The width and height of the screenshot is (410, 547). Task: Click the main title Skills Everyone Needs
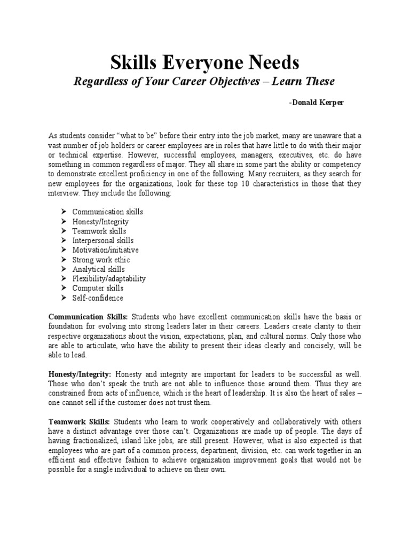point(205,63)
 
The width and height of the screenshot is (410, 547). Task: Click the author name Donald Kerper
point(316,103)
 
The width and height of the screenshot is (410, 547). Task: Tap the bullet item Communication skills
point(107,212)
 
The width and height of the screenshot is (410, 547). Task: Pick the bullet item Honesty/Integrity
point(100,221)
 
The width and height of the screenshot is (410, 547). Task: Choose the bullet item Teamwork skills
point(99,231)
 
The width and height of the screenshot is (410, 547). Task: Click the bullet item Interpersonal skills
point(103,240)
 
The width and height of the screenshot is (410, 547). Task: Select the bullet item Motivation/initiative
point(105,250)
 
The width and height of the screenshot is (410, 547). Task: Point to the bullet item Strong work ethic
point(101,260)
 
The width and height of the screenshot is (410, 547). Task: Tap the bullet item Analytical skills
point(99,269)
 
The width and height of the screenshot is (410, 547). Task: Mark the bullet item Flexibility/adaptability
point(109,279)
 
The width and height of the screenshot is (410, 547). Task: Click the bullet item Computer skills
point(98,288)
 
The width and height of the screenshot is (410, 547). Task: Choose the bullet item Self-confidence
point(98,298)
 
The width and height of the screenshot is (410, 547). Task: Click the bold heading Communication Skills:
point(88,317)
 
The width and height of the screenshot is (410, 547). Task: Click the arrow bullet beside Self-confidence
point(63,298)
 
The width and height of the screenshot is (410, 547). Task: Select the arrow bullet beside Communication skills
point(63,212)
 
